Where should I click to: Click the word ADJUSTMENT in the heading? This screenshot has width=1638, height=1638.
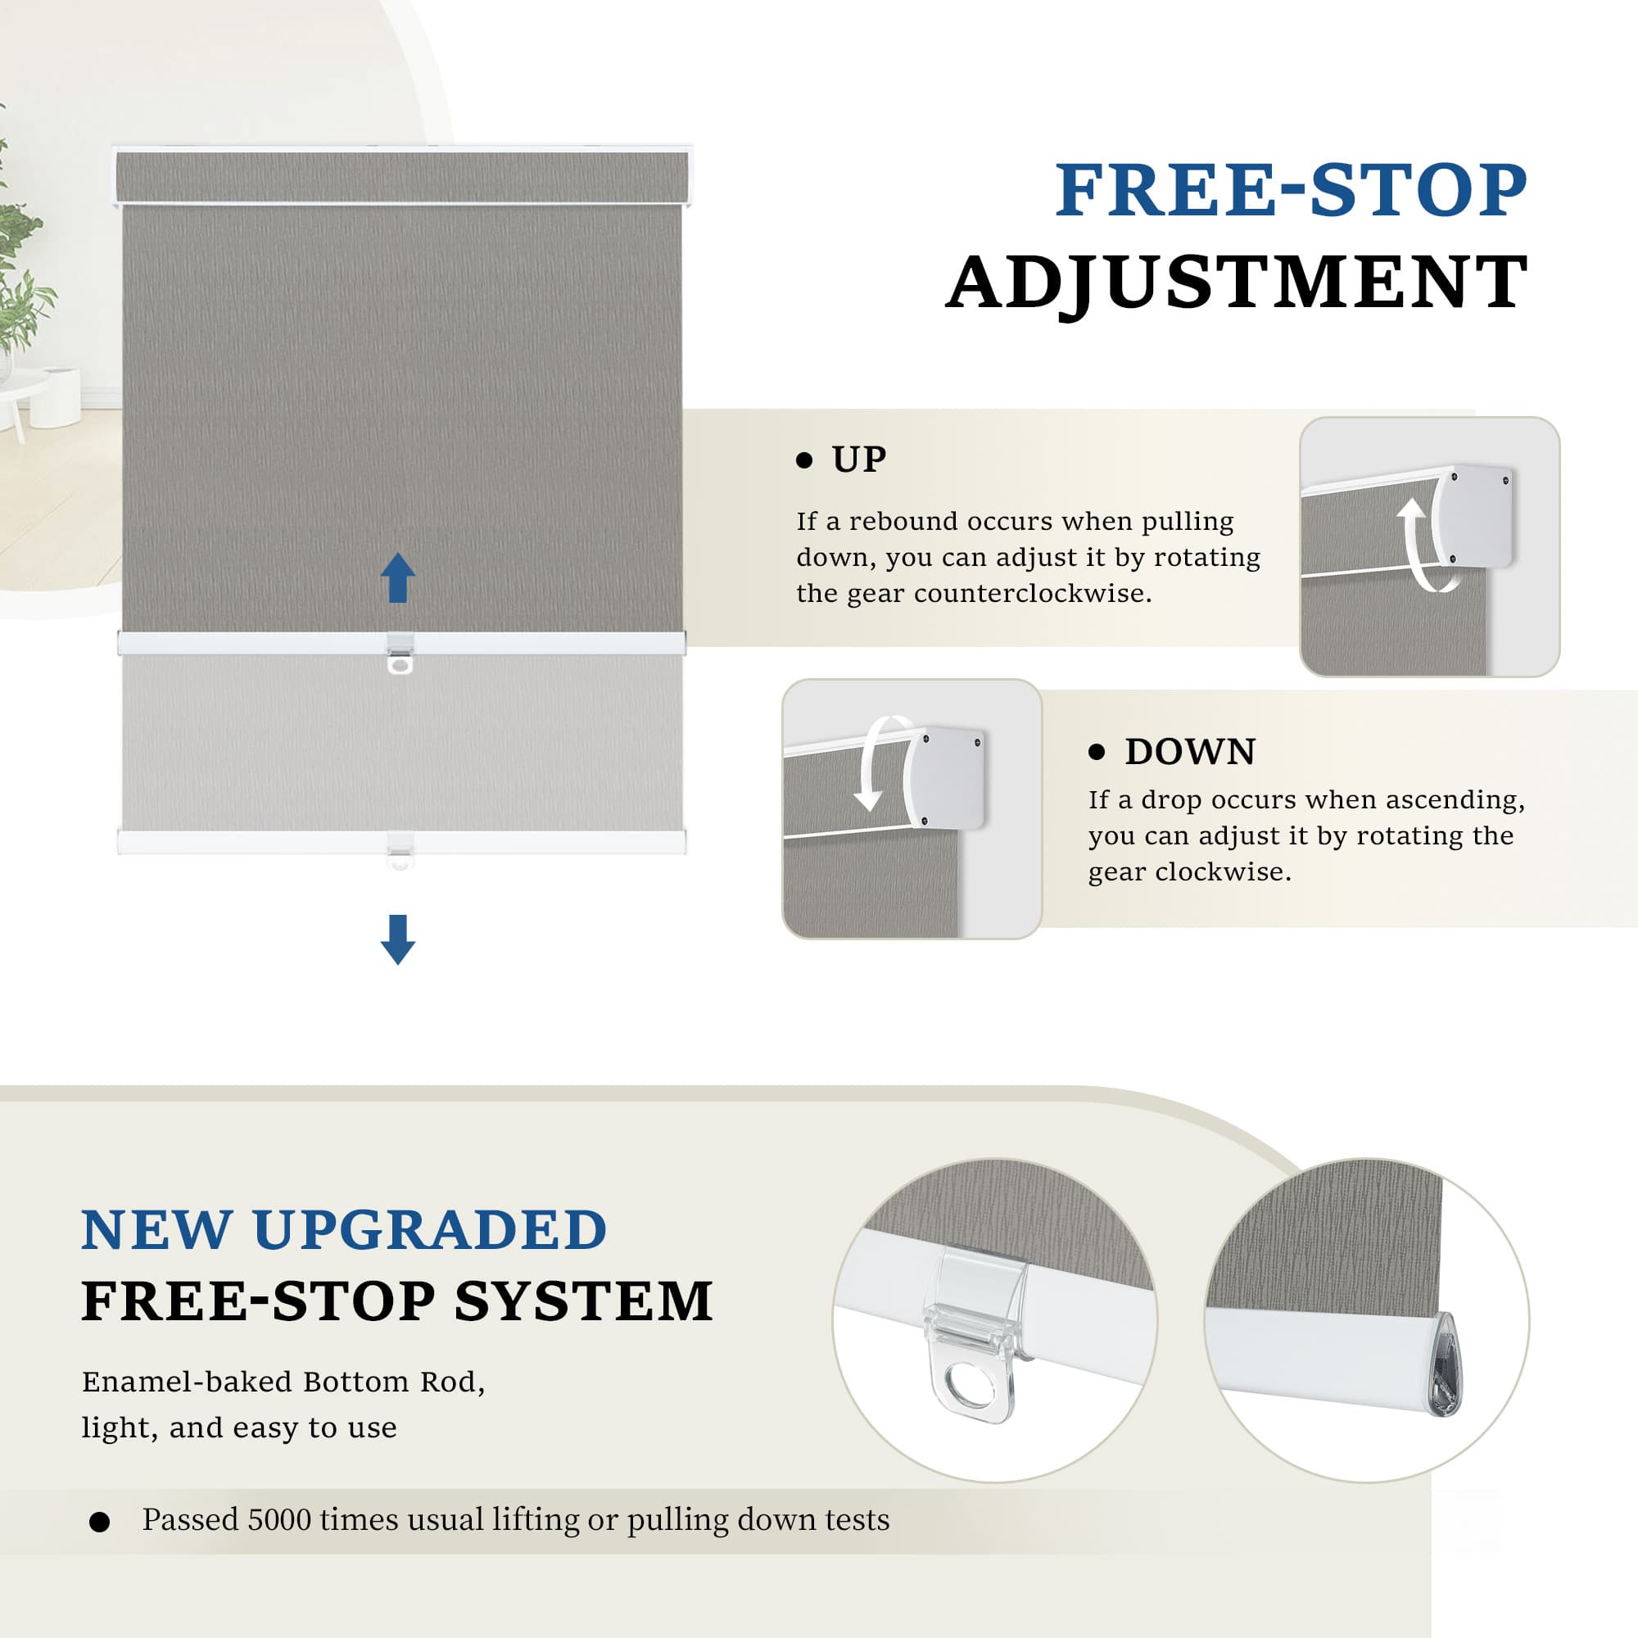tap(1237, 283)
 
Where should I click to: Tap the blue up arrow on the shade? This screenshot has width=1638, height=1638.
tap(398, 577)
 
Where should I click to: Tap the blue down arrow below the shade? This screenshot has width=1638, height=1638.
tap(398, 939)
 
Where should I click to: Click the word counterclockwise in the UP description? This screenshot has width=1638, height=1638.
tap(1033, 594)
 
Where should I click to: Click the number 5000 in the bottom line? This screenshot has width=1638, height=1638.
tap(280, 1519)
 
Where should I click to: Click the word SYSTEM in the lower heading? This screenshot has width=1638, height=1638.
tap(583, 1301)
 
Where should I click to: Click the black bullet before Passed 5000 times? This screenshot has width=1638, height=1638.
tap(99, 1522)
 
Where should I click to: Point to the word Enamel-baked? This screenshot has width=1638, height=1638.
tap(187, 1382)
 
